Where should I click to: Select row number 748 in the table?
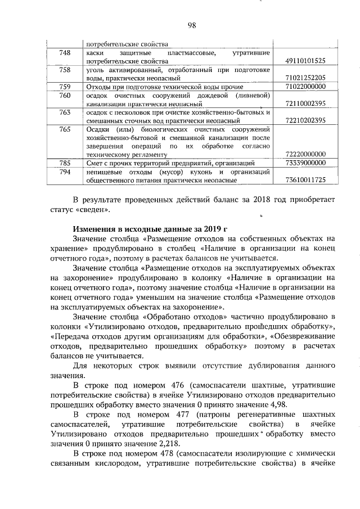click(x=65, y=53)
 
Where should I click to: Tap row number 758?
click(x=65, y=70)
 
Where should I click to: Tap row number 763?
click(x=65, y=112)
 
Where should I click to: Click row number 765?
click(x=65, y=129)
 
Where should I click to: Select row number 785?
click(x=65, y=163)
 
